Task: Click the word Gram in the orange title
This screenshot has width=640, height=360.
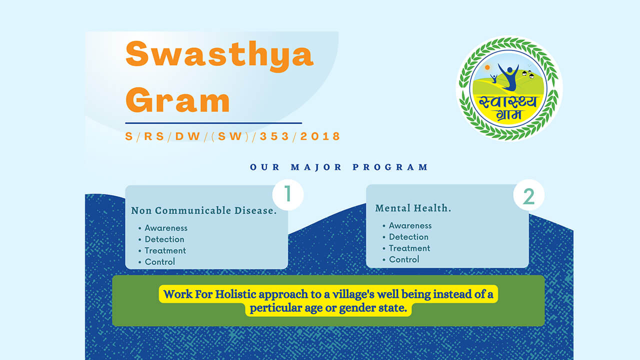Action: (x=177, y=99)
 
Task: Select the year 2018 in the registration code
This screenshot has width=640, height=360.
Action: (x=320, y=136)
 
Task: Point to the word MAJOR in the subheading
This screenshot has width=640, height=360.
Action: (x=316, y=167)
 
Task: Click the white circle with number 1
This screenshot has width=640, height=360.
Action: (x=287, y=194)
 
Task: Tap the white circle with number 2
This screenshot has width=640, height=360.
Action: (x=529, y=195)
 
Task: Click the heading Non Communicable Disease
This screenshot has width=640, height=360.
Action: (x=203, y=210)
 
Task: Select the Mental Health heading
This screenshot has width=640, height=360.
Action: (x=413, y=208)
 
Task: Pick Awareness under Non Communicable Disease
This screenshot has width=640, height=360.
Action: (x=166, y=228)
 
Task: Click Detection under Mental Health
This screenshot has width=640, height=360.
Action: (x=408, y=237)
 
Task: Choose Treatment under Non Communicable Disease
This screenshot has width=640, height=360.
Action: (x=165, y=250)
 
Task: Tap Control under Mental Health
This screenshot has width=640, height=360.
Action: (x=404, y=259)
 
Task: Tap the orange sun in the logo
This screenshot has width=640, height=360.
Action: (x=487, y=67)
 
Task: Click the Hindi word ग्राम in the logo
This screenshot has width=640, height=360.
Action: (x=509, y=114)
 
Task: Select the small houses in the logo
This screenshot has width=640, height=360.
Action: (x=528, y=74)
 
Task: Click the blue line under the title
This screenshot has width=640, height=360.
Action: (x=213, y=123)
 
